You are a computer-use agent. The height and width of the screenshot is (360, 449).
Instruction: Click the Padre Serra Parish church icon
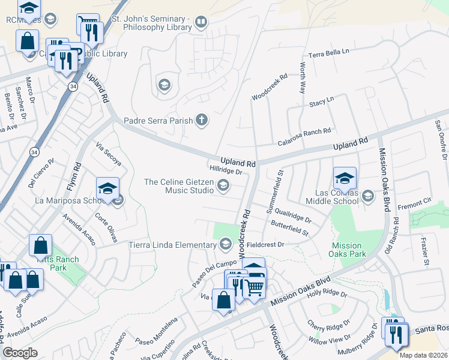click(x=202, y=120)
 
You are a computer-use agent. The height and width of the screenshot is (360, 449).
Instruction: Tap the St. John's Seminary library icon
click(x=200, y=23)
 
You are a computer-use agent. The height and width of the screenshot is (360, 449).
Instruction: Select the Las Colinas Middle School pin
click(x=345, y=178)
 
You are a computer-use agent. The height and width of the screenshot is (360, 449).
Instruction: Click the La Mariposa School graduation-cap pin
click(x=107, y=189)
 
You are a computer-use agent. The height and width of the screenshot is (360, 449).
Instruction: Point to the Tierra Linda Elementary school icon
click(x=226, y=244)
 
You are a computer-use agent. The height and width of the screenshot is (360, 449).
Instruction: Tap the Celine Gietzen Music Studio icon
click(x=223, y=185)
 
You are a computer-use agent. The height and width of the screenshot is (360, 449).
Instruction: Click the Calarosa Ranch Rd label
click(x=304, y=136)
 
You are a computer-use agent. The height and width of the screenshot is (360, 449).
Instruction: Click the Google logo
click(x=20, y=352)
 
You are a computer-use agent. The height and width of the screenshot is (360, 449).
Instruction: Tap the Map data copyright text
click(x=423, y=355)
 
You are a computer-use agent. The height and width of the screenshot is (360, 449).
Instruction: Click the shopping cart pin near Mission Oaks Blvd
click(x=254, y=287)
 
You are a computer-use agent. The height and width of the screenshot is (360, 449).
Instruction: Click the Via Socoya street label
click(x=109, y=154)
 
